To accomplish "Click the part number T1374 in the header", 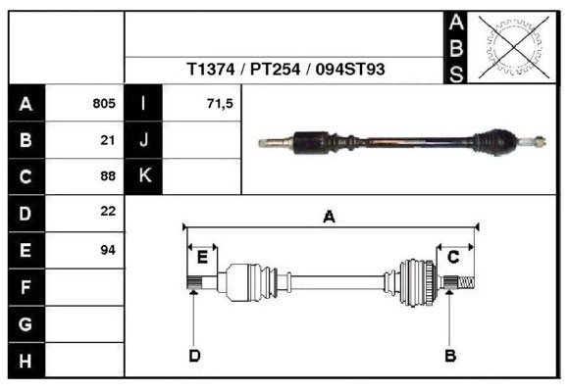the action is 211,69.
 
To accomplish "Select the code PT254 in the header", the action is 276,69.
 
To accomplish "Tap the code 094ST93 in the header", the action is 350,69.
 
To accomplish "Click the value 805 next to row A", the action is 104,103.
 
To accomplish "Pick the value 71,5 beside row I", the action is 220,104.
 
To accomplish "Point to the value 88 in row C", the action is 108,175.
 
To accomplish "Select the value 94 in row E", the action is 108,250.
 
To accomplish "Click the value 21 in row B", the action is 108,140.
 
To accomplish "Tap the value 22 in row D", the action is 108,211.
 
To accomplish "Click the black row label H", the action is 26,361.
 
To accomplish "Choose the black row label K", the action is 143,176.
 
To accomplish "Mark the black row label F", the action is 26,287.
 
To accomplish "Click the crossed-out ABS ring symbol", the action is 513,47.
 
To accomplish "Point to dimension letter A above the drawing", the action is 329,217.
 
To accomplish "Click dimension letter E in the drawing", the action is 202,257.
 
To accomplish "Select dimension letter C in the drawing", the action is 453,257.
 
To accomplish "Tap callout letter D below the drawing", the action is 194,356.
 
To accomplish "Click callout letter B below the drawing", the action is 450,356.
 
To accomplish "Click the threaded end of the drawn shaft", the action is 466,282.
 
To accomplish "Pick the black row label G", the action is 26,324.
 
